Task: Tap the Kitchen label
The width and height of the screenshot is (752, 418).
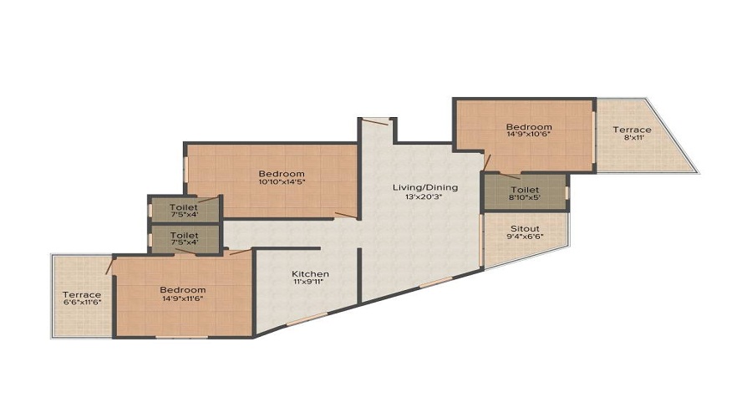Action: [x=310, y=273]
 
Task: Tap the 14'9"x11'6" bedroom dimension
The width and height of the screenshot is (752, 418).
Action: [x=182, y=298]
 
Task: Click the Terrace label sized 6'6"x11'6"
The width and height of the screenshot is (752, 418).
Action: [x=82, y=294]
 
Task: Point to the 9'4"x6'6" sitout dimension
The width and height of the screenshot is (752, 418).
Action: [x=525, y=237]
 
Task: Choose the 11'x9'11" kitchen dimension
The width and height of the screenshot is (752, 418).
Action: [x=310, y=283]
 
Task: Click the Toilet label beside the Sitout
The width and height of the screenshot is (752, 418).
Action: [x=525, y=189]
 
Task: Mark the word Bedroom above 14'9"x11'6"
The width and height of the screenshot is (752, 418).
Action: [x=182, y=289]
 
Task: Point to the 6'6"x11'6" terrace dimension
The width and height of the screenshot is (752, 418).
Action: [x=82, y=304]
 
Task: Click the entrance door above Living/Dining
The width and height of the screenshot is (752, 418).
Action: [x=377, y=122]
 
